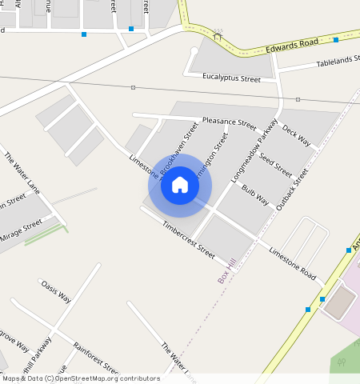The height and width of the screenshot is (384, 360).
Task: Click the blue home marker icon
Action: click(x=180, y=186)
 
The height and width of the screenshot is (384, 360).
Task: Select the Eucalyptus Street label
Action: click(x=233, y=78)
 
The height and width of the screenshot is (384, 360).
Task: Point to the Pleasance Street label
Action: click(x=229, y=123)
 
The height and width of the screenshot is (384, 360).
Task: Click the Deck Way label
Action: click(x=296, y=136)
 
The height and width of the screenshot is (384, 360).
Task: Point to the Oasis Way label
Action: click(x=56, y=291)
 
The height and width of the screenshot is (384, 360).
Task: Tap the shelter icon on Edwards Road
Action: click(x=218, y=34)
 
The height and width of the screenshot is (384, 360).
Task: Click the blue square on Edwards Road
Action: click(x=336, y=39)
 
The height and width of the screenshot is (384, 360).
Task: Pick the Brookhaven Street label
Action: click(x=179, y=146)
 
